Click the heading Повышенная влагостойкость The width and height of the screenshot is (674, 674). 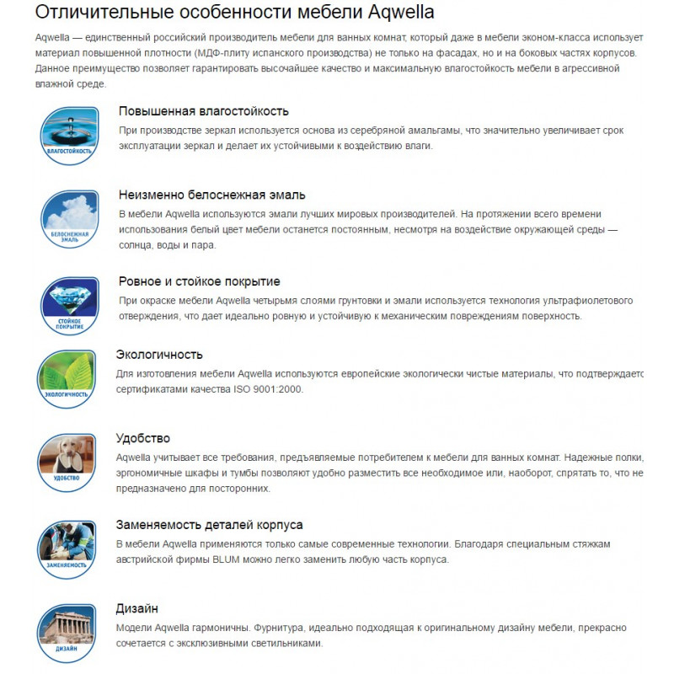204,111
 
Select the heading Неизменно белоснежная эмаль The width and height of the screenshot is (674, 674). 212,195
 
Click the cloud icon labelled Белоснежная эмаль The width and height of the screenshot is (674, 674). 69,217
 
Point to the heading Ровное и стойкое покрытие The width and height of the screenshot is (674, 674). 200,281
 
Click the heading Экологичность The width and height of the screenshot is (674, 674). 159,355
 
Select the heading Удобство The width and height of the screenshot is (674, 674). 143,438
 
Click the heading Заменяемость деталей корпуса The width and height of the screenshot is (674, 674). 209,525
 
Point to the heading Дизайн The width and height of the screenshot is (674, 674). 137,608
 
